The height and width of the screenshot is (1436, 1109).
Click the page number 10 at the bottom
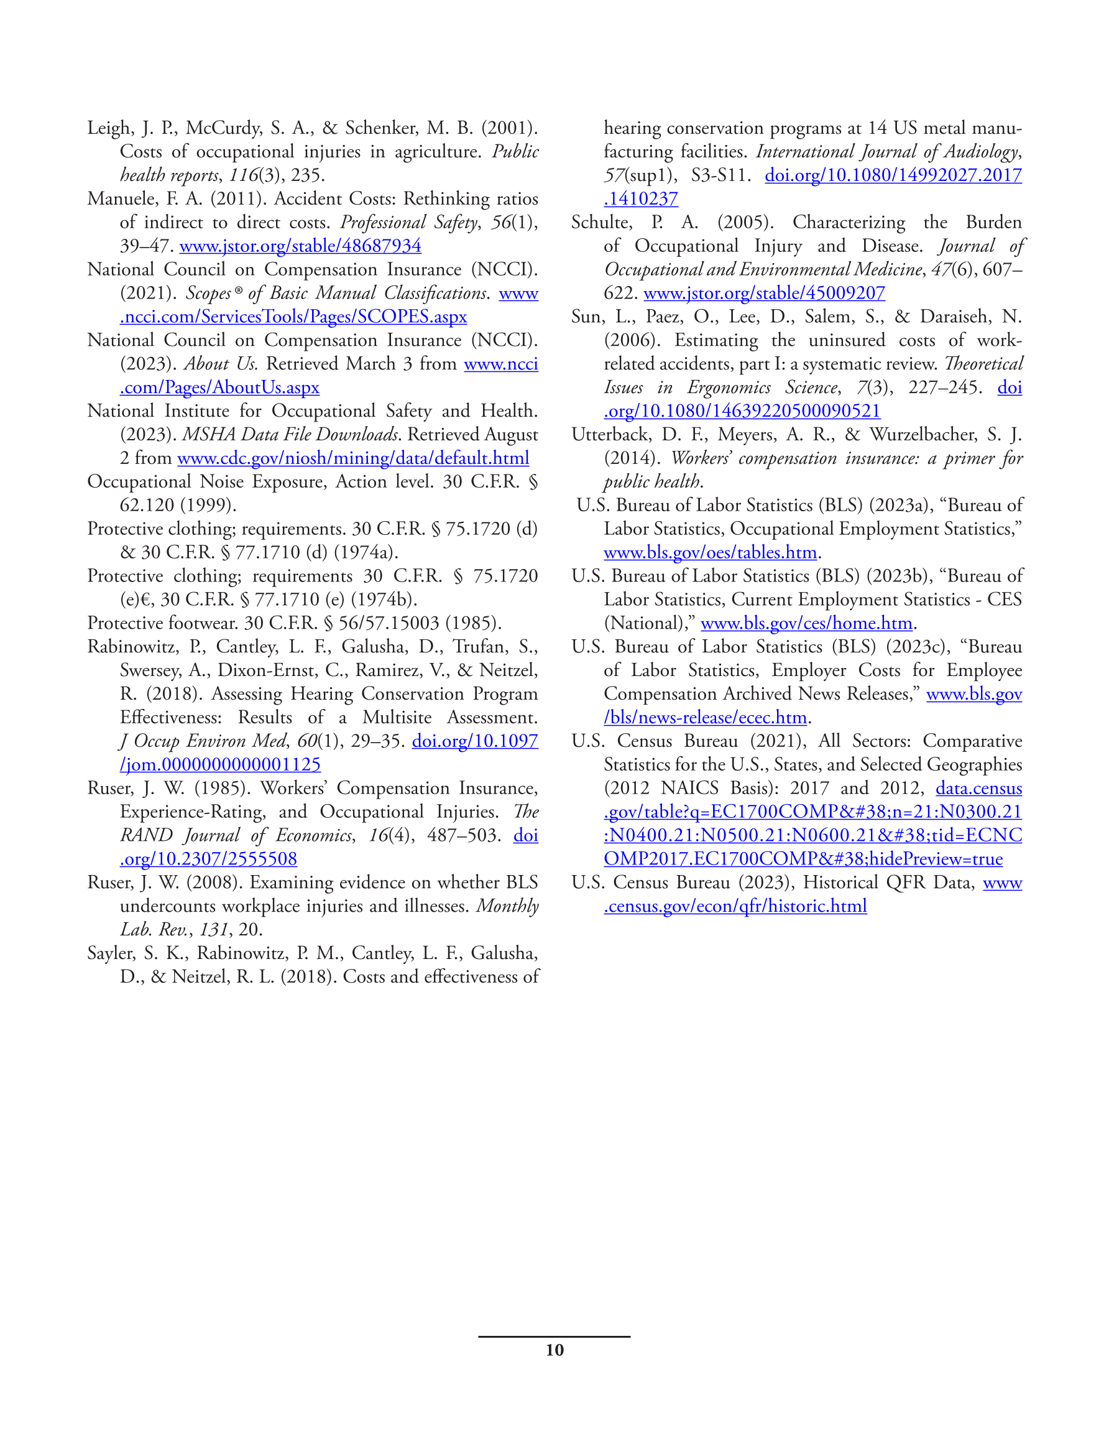click(554, 1350)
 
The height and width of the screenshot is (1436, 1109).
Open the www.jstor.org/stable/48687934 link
click(300, 246)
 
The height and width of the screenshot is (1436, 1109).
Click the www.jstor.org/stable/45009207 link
click(764, 294)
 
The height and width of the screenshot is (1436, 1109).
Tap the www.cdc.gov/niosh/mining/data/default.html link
click(353, 458)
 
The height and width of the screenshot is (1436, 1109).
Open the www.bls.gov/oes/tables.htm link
click(710, 552)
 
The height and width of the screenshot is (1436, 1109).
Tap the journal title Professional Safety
click(408, 222)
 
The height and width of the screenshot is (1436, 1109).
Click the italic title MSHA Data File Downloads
click(290, 435)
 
